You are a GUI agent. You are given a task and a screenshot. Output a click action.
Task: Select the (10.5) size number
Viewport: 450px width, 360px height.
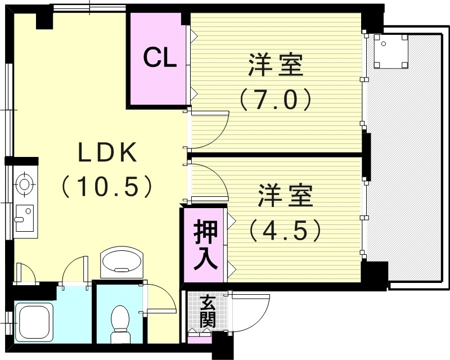point(106,186)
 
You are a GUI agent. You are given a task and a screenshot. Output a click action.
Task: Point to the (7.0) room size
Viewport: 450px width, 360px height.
point(276,100)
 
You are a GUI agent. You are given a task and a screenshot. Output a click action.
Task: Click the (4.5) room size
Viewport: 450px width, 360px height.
point(285,230)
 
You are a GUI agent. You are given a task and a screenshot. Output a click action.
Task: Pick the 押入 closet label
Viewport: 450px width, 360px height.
point(205,245)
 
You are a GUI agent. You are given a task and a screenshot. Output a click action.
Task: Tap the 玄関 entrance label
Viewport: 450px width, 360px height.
point(208,312)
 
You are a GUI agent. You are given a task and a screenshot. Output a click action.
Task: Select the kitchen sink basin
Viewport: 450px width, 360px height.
point(24,218)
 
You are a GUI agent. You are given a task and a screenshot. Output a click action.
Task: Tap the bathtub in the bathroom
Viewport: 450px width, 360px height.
point(34,322)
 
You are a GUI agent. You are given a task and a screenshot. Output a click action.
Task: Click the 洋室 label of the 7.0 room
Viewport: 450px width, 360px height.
point(276,65)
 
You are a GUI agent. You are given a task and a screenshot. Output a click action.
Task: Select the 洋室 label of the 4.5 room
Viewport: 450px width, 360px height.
point(285,196)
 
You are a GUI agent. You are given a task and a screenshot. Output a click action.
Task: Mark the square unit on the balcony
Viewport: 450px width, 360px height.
point(391,51)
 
